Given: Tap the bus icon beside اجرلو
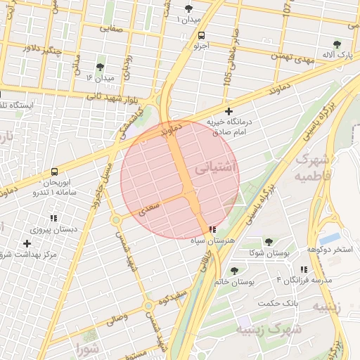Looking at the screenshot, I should point(202,34).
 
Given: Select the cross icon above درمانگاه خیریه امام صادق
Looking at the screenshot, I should point(229,111).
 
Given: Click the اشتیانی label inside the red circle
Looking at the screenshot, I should point(216,169).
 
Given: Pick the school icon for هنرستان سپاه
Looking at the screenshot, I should point(212,229).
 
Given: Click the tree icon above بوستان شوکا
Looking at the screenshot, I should point(269,241).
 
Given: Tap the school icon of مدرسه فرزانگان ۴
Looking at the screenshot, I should point(304,269).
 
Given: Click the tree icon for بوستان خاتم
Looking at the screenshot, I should point(234,270).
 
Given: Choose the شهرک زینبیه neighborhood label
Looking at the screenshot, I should point(268,328).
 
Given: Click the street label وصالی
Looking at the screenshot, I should point(117,319).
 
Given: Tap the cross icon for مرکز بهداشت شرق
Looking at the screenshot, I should point(27,243).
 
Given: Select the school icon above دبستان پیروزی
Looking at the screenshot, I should point(53,217).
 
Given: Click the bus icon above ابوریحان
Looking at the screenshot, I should point(55,171).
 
